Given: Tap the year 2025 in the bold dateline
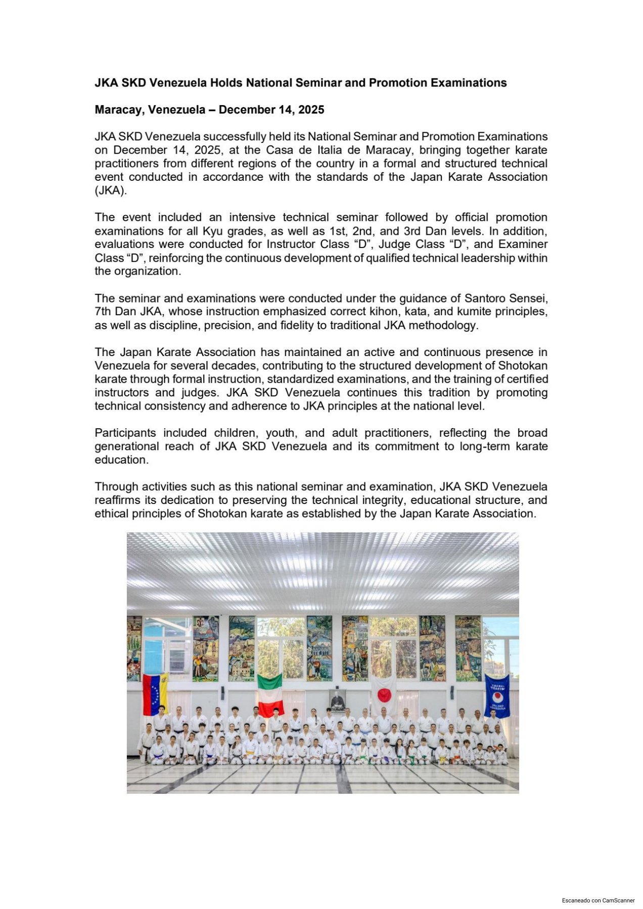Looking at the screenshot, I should (311, 110).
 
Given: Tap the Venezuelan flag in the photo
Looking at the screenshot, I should (155, 694).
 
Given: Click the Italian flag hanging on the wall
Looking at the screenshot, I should (270, 694).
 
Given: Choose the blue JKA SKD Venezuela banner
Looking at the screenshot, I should (497, 695).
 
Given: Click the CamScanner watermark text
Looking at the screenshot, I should (599, 900).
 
